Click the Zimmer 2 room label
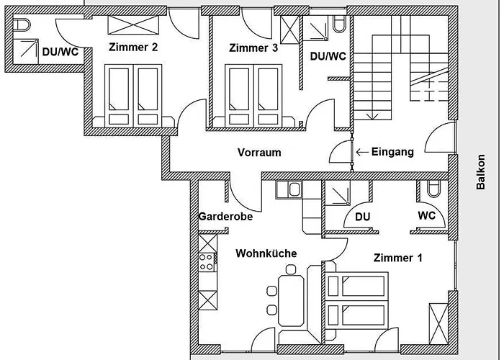pyautogui.click(x=133, y=48)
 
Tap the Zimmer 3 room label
pyautogui.click(x=253, y=48)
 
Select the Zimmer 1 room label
pyautogui.click(x=398, y=257)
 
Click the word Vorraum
pyautogui.click(x=259, y=153)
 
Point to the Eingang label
pyautogui.click(x=392, y=152)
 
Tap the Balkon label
pyautogui.click(x=481, y=173)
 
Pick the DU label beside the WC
pyautogui.click(x=363, y=217)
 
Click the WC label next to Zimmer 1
pyautogui.click(x=427, y=217)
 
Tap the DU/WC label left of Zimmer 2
pyautogui.click(x=60, y=52)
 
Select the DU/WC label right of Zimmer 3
pyautogui.click(x=328, y=55)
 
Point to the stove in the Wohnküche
pyautogui.click(x=206, y=261)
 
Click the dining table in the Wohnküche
pyautogui.click(x=292, y=297)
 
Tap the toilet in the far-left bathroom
pyautogui.click(x=23, y=25)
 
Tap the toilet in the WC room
pyautogui.click(x=432, y=189)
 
